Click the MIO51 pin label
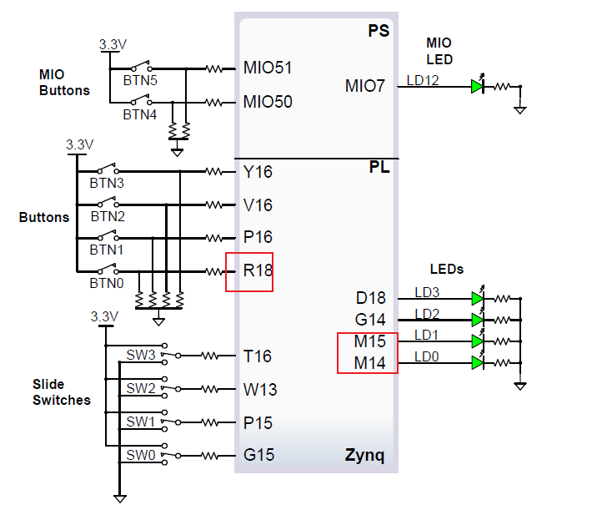coord(267,68)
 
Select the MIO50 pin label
coord(267,103)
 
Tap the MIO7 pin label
coord(365,85)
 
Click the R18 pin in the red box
coord(258,270)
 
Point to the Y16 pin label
coord(258,172)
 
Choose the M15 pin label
coord(370,342)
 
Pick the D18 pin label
coord(370,298)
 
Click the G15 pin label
coord(258,456)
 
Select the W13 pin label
coord(259,390)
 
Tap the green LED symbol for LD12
coord(477,85)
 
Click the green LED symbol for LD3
coord(477,297)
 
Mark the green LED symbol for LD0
coord(477,362)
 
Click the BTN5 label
coord(140,80)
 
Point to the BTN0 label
coord(107,283)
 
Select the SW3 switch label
coord(141,355)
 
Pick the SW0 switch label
coord(141,455)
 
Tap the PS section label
coord(379,31)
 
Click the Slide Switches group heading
coord(62,392)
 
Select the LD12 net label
coord(422,80)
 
